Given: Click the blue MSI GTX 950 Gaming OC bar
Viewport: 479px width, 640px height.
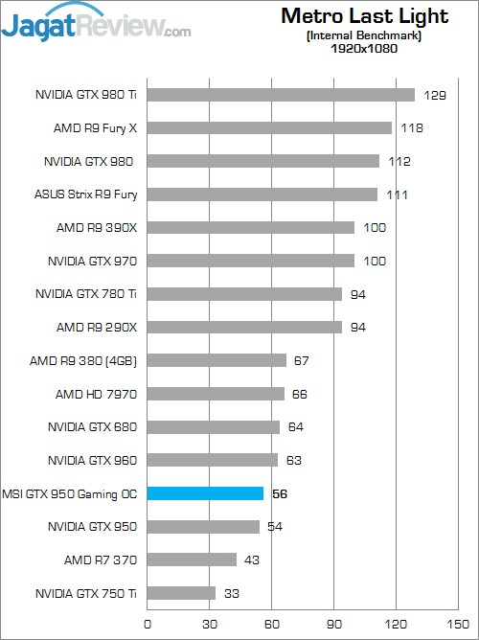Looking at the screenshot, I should (x=205, y=493).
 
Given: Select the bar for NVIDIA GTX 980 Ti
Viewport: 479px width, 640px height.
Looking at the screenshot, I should (x=281, y=95).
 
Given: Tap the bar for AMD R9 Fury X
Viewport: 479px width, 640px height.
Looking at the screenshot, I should (x=269, y=128).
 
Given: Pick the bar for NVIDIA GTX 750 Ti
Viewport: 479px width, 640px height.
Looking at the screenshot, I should (x=181, y=593).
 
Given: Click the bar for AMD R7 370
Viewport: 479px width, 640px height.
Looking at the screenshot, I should (x=192, y=560).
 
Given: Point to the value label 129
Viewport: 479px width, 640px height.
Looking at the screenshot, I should (x=435, y=95).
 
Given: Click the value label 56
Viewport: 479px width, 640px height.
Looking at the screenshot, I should (x=281, y=494).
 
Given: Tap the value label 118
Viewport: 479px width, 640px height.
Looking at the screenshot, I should (x=412, y=128).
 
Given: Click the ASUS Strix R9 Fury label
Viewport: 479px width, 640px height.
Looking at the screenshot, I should (x=86, y=194).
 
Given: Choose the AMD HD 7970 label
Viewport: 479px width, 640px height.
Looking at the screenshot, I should (x=97, y=394).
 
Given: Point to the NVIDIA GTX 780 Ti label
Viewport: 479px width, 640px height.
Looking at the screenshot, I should (x=86, y=294).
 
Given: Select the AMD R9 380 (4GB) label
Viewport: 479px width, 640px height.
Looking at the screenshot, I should (x=90, y=360).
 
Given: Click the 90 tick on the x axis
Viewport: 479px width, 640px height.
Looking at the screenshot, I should (x=333, y=623).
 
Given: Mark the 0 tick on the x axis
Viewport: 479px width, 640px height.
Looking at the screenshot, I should (x=147, y=623).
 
